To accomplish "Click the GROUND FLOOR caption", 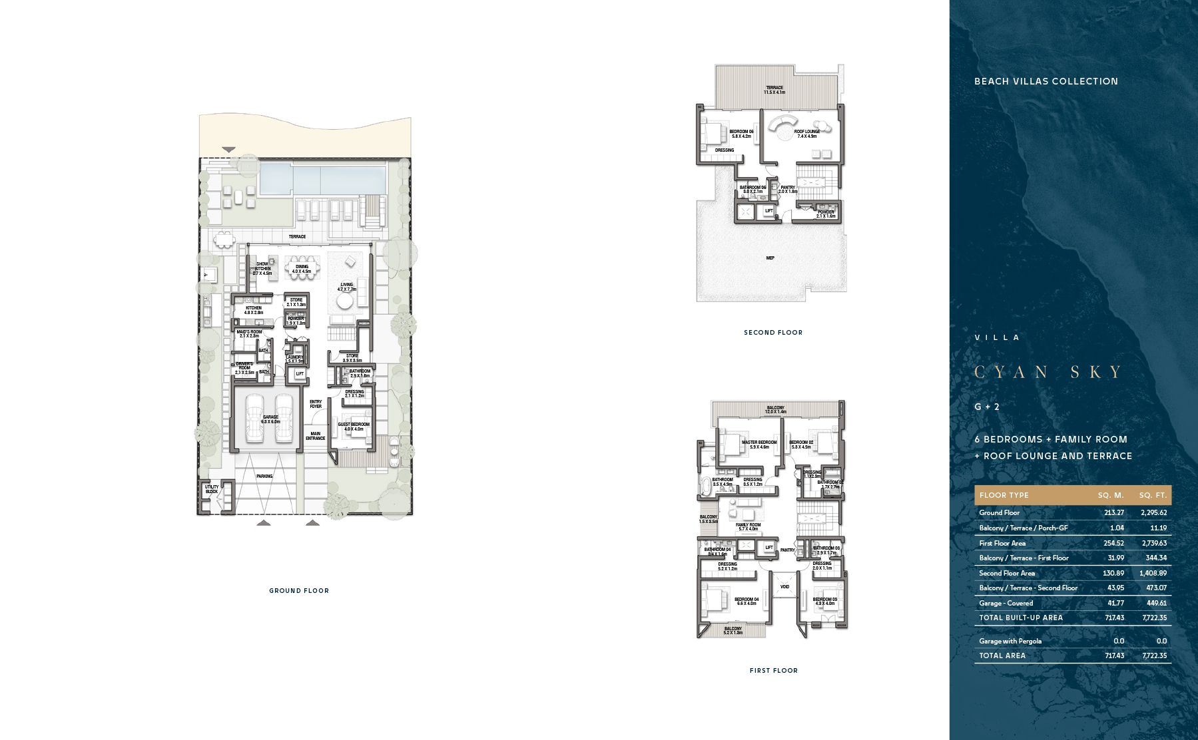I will [x=299, y=590].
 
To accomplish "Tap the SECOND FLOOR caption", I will [x=773, y=332].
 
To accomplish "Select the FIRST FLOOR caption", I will [x=773, y=670].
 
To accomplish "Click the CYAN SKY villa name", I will [x=1049, y=372].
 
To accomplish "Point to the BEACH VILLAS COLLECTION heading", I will [x=1046, y=81].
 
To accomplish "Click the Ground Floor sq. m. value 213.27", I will [x=1113, y=512].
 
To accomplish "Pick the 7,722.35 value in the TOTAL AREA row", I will [x=1154, y=655].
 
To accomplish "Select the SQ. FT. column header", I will [x=1153, y=495].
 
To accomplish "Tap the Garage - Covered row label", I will [x=1006, y=603].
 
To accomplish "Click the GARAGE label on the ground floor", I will [x=270, y=417].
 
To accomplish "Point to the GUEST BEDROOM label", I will [x=354, y=425].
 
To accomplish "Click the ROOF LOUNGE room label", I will [x=807, y=132].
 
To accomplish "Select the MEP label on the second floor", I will [x=770, y=258].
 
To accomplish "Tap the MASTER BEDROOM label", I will [x=759, y=443].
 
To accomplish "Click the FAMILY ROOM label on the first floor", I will [x=748, y=525].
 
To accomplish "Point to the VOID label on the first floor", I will [x=784, y=586].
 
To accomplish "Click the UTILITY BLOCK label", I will [x=211, y=489].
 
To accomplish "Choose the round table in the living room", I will [x=344, y=303].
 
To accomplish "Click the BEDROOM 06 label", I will [x=741, y=132].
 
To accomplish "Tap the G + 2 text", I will [x=987, y=407].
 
